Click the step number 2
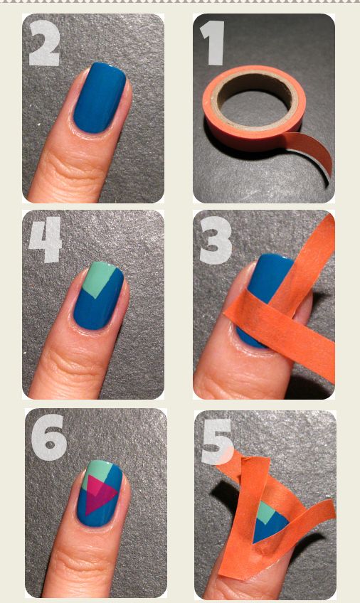tap(44, 45)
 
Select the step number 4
tap(45, 241)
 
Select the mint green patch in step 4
tap(101, 278)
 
